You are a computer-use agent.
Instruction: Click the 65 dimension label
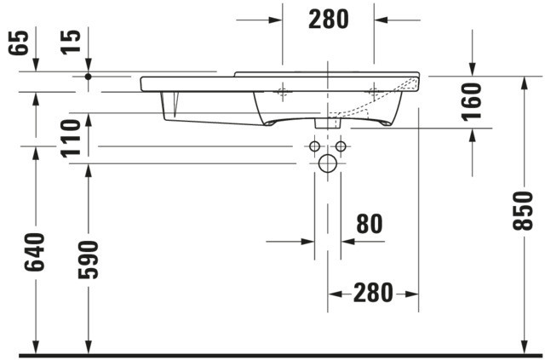tap(19, 43)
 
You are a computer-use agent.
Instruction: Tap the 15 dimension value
tap(71, 42)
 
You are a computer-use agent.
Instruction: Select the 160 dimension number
tap(472, 102)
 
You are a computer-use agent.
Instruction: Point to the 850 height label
tap(523, 210)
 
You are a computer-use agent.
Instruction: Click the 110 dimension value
tap(71, 139)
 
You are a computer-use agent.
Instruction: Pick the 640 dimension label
tap(35, 252)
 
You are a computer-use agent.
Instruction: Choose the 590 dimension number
tap(89, 260)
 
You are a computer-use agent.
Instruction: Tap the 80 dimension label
tap(370, 224)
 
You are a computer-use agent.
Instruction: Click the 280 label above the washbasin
tap(329, 20)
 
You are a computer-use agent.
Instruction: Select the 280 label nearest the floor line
tap(373, 293)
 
